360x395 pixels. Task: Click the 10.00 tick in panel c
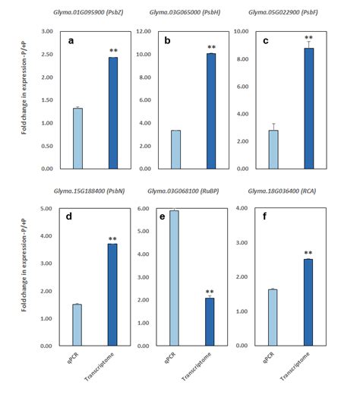248,32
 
